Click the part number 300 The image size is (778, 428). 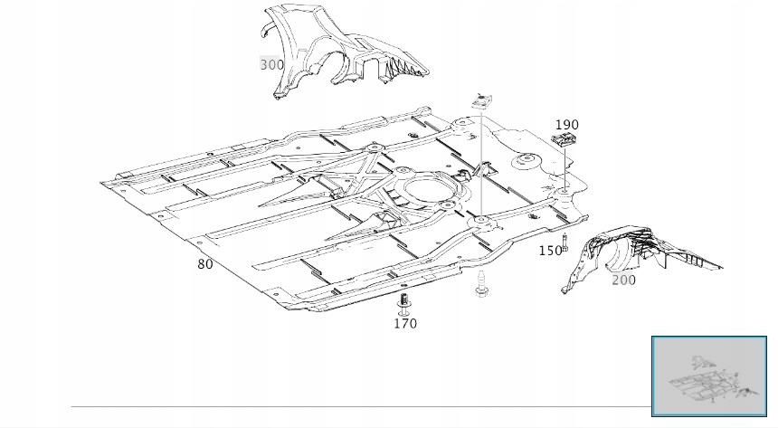click(x=271, y=65)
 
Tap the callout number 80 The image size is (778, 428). click(x=205, y=264)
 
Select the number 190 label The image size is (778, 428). click(x=566, y=125)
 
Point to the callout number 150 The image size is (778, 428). click(x=550, y=251)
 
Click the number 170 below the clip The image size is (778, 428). click(x=405, y=323)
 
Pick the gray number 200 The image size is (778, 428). click(x=623, y=280)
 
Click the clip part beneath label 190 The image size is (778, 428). click(x=565, y=140)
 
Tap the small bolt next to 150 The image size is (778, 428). click(x=565, y=242)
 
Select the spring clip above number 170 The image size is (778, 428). click(x=404, y=301)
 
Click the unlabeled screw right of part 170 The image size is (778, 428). click(x=479, y=284)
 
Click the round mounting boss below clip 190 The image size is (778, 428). click(x=564, y=191)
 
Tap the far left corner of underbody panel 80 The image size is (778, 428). click(x=103, y=183)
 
